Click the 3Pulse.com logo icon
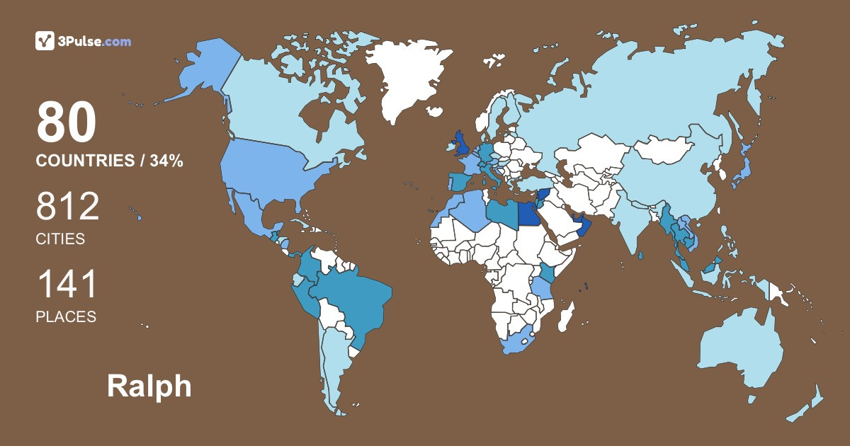[45, 41]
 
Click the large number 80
[66, 122]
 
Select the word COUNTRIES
[85, 161]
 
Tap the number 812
[67, 207]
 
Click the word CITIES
[60, 239]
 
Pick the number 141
[66, 285]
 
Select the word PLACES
[66, 317]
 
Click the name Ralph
[149, 387]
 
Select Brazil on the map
[351, 297]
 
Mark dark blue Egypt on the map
[528, 213]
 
